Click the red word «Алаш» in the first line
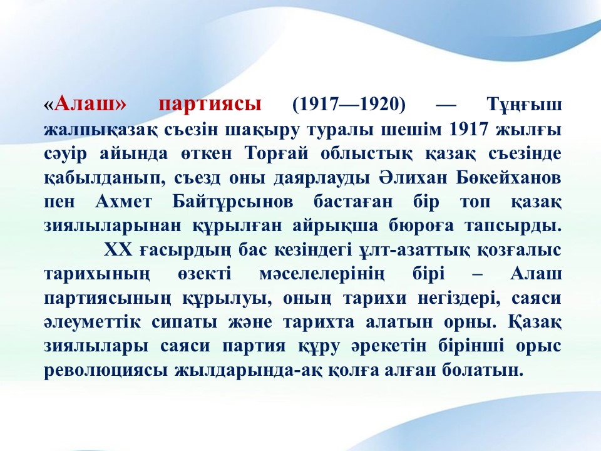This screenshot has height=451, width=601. click(85, 105)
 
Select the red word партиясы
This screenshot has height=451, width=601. click(210, 105)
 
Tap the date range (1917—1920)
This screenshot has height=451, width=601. click(349, 105)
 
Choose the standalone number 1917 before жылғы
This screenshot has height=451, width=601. click(468, 129)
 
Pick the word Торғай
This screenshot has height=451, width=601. click(276, 154)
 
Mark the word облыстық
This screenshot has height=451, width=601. click(366, 154)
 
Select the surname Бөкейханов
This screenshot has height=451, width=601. click(508, 178)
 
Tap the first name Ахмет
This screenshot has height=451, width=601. click(123, 202)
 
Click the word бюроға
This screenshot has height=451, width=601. click(421, 226)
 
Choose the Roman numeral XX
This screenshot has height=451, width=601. click(118, 250)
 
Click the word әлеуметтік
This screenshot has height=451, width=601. click(93, 322)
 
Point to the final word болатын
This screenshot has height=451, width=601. click(482, 370)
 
